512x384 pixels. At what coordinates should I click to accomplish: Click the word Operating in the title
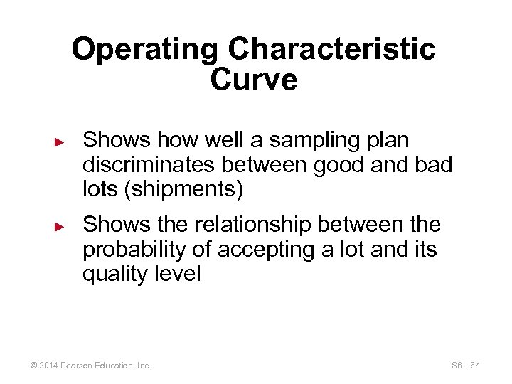(146, 50)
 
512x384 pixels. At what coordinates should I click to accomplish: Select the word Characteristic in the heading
(331, 50)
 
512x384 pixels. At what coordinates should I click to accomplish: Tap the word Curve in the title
(254, 80)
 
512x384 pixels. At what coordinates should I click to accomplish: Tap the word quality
(114, 274)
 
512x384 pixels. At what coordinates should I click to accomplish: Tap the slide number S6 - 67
(465, 366)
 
